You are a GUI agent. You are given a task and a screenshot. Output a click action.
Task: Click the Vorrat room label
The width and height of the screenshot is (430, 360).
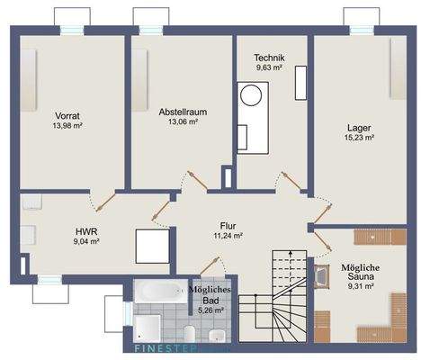pos(67,116)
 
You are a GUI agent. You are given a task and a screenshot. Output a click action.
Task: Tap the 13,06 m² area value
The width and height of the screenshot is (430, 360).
pos(183,121)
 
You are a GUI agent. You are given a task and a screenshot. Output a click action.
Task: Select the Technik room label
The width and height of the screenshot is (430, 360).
pos(269,58)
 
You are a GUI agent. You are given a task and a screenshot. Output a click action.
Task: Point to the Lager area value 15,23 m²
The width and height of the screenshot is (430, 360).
pos(359,138)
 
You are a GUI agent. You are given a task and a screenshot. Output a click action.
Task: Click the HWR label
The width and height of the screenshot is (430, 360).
pos(86,231)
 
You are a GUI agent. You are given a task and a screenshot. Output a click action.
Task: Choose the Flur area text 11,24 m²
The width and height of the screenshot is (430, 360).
pos(228,236)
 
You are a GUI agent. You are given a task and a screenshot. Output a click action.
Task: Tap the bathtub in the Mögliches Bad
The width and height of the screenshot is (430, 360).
pos(161,292)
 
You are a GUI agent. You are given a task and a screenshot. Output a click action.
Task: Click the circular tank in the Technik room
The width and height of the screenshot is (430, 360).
pos(252,95)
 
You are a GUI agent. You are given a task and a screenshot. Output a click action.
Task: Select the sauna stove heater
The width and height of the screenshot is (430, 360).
pos(322,276)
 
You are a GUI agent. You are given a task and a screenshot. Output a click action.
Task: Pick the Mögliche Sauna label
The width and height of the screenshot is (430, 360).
pos(361,272)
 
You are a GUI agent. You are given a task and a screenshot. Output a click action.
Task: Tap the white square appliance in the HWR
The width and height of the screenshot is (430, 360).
pos(152,247)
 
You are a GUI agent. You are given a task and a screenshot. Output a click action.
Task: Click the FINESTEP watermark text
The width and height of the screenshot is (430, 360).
pos(166,348)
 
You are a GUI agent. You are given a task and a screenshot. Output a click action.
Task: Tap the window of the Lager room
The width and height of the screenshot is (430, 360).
pos(362,31)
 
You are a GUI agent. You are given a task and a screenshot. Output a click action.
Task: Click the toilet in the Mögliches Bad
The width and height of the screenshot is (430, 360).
pos(190,334)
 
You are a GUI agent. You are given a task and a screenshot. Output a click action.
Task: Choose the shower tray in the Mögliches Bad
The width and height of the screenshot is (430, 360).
pos(147,328)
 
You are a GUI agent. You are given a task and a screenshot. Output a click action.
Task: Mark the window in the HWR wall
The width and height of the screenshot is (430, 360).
pos(49,280)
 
